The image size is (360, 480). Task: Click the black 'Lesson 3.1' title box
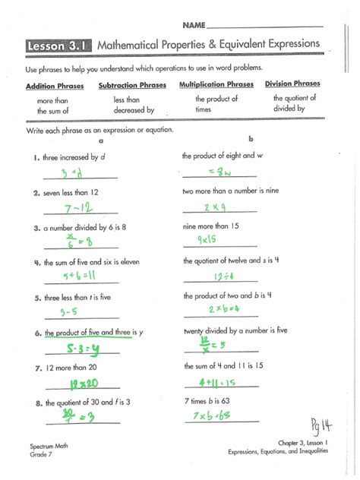click(x=58, y=46)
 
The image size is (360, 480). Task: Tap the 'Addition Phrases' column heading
click(x=55, y=87)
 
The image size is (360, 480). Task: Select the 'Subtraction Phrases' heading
click(x=132, y=86)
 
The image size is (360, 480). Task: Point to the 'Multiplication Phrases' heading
click(x=216, y=84)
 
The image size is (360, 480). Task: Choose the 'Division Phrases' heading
click(x=292, y=84)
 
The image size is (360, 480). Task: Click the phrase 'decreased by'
click(x=134, y=110)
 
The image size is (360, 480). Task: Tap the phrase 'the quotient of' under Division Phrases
click(x=292, y=98)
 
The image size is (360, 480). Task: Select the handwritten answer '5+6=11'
click(x=79, y=276)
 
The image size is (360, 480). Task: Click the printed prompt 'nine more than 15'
click(x=210, y=226)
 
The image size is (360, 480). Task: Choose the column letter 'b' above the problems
click(x=250, y=140)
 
